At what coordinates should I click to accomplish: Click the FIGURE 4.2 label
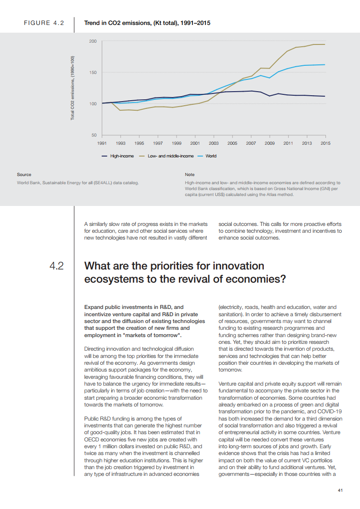(44, 23)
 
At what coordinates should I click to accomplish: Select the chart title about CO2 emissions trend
(147, 23)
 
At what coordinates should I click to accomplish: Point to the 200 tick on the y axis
(93, 41)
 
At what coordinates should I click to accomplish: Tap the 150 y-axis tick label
(93, 73)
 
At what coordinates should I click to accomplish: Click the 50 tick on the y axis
(94, 135)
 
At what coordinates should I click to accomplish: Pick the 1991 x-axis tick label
(102, 143)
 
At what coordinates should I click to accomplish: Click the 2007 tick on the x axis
(251, 143)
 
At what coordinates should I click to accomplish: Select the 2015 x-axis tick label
(325, 143)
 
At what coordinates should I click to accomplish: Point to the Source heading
(24, 174)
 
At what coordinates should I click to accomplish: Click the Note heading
(190, 174)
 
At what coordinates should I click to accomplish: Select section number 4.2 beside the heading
(57, 265)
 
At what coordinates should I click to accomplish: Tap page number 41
(340, 490)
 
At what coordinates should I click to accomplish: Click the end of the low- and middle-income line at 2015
(325, 44)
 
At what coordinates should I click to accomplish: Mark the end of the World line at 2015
(325, 64)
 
